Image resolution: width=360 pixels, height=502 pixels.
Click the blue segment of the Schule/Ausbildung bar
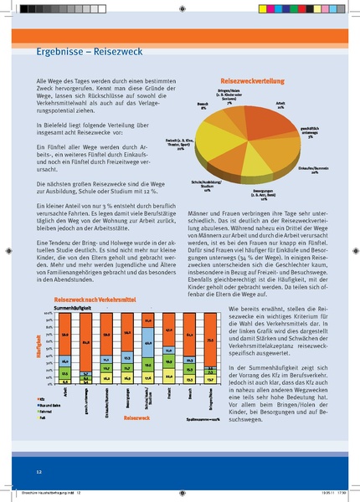pos(147,342)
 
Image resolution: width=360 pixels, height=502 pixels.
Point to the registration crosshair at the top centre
pos(181,8)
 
